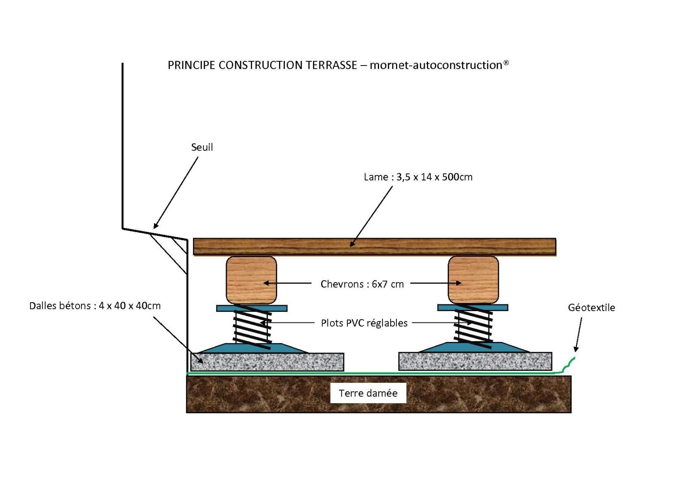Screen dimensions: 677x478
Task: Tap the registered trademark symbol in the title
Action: click(506, 63)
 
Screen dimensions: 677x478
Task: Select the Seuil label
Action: click(202, 147)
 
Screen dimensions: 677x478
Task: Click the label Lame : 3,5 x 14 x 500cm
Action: click(418, 177)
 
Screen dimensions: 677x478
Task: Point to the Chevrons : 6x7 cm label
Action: click(362, 284)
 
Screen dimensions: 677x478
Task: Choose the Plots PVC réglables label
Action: click(364, 323)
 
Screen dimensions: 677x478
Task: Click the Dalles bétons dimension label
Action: click(95, 306)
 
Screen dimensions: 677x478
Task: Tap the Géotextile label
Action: click(592, 307)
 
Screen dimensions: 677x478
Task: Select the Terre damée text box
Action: click(368, 393)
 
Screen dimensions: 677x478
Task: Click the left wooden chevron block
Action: click(251, 280)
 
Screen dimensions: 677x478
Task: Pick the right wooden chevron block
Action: click(473, 280)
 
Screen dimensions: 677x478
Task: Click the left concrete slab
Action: click(267, 362)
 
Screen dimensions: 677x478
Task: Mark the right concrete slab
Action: click(475, 361)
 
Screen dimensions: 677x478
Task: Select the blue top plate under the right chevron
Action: click(473, 307)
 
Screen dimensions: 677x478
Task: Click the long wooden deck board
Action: click(374, 247)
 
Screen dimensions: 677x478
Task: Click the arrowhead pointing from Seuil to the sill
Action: click(156, 226)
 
